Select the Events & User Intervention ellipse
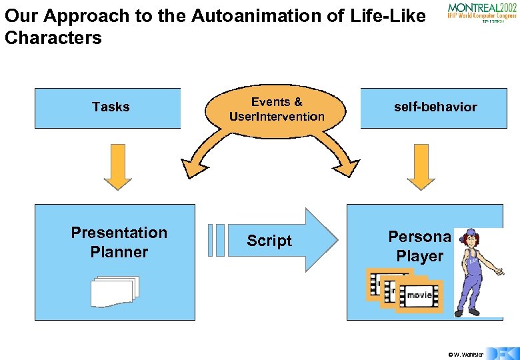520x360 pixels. pos(277,110)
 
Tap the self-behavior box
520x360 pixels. pos(435,107)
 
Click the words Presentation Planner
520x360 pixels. pos(119,242)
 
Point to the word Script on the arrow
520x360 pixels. pos(269,241)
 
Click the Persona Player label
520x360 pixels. pos(420,247)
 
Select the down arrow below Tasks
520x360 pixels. pos(118,167)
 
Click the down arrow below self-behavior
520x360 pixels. pos(420,167)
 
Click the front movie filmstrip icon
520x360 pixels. pos(419,295)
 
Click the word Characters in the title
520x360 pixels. pos(53,38)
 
